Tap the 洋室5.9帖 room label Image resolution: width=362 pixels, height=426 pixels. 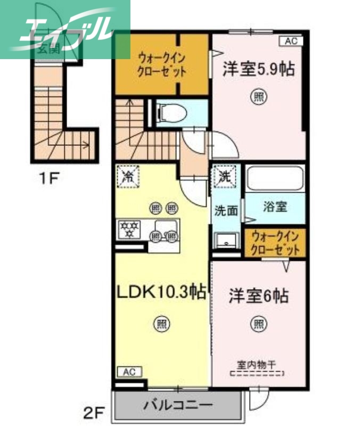258,70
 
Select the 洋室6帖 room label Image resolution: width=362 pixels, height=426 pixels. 259,296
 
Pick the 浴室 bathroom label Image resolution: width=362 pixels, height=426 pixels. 275,207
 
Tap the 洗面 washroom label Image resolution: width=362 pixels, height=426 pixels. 226,210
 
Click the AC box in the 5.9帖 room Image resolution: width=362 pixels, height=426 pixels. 291,41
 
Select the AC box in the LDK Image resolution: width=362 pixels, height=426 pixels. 129,372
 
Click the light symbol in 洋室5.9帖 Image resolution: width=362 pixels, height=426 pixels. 258,97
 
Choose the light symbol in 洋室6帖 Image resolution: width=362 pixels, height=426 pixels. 258,323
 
